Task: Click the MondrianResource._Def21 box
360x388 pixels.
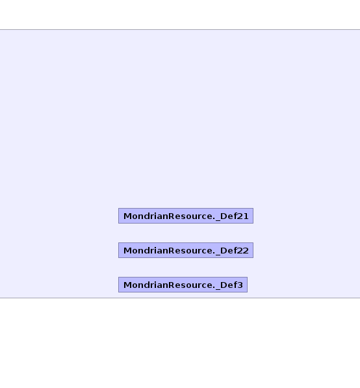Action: pyautogui.click(x=186, y=216)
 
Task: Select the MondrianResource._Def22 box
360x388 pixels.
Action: pyautogui.click(x=186, y=250)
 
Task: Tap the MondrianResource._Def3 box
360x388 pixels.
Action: pyautogui.click(x=183, y=285)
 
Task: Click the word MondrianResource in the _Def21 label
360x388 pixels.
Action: pyautogui.click(x=168, y=216)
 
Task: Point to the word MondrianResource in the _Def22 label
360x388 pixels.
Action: pyautogui.click(x=168, y=250)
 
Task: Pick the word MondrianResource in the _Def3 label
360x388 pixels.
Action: pyautogui.click(x=168, y=285)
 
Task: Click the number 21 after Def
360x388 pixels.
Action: pyautogui.click(x=243, y=216)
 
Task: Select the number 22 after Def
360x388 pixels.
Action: pyautogui.click(x=243, y=250)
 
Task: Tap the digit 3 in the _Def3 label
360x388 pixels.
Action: pyautogui.click(x=240, y=285)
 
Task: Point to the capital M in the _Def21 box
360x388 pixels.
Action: pyautogui.click(x=127, y=216)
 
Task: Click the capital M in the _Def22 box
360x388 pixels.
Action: pyautogui.click(x=127, y=250)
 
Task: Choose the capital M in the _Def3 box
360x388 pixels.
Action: pyautogui.click(x=127, y=285)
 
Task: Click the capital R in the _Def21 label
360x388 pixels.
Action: pyautogui.click(x=172, y=216)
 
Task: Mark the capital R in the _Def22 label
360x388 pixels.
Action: pyautogui.click(x=172, y=250)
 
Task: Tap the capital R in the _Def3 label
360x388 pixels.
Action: pyautogui.click(x=172, y=285)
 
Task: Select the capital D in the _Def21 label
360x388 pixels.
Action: pyautogui.click(x=224, y=216)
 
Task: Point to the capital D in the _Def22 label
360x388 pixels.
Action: pyautogui.click(x=224, y=250)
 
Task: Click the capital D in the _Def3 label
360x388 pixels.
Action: pyautogui.click(x=224, y=285)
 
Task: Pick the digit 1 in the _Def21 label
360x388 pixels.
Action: pyautogui.click(x=246, y=216)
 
